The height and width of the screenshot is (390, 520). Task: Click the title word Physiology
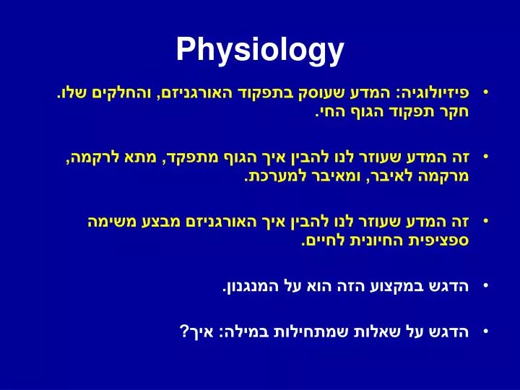click(x=260, y=50)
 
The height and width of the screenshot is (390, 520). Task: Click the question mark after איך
click(x=184, y=331)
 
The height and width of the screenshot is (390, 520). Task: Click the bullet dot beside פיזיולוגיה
click(x=486, y=92)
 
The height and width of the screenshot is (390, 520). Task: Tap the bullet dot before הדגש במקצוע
click(x=486, y=286)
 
